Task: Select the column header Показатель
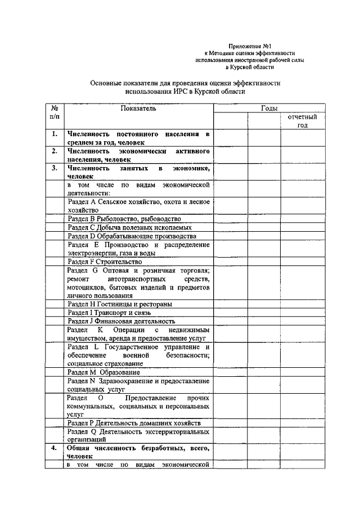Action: click(138, 108)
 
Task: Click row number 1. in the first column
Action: click(55, 134)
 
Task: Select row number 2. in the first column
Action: click(55, 152)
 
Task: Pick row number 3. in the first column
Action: click(55, 168)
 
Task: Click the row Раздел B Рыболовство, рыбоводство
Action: click(124, 219)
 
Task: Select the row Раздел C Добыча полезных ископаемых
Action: click(129, 228)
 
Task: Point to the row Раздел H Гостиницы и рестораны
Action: click(119, 304)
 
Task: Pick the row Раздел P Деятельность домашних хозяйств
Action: click(134, 422)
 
